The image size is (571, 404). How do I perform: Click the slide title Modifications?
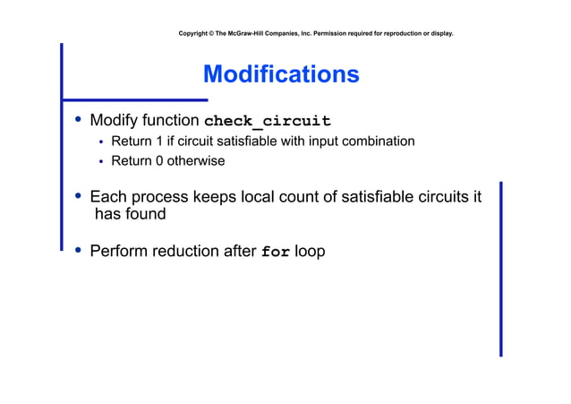pos(281,73)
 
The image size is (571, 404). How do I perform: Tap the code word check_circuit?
pos(268,121)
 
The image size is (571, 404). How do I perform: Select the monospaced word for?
pos(275,252)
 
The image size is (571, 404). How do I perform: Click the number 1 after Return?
pos(158,142)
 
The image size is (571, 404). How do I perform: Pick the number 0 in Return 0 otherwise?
pos(158,161)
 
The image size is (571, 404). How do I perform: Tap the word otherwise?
pos(196,161)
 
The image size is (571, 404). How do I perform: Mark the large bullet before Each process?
pos(79,195)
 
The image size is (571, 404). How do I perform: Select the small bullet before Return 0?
pos(101,162)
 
